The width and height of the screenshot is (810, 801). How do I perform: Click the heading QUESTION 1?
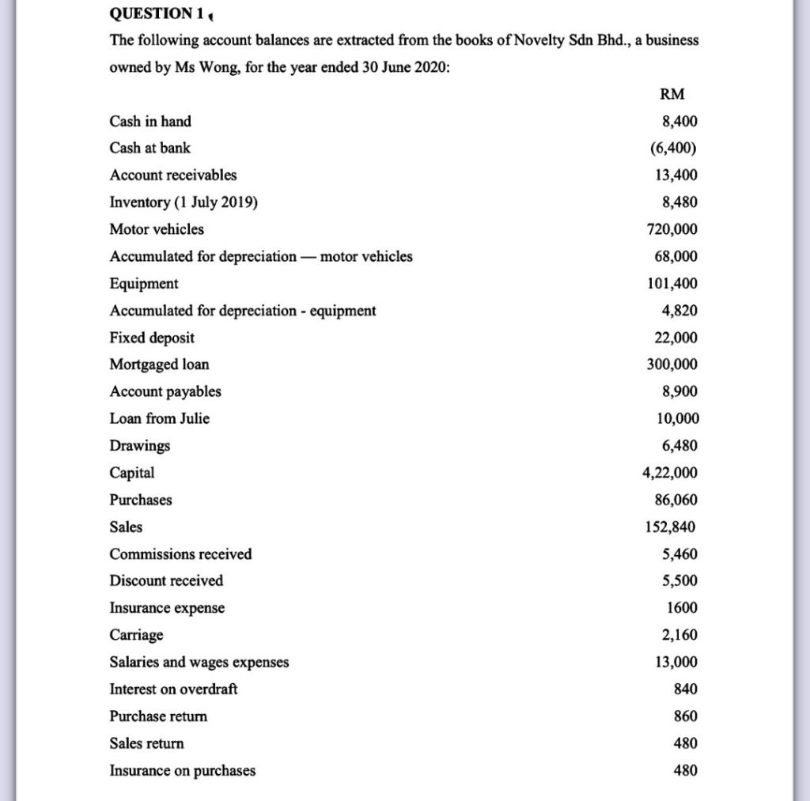coord(155,13)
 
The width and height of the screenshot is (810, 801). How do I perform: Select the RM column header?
coord(672,94)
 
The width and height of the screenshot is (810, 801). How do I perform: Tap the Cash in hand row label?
coord(150,121)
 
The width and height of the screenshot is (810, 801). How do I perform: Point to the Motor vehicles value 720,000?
coord(672,229)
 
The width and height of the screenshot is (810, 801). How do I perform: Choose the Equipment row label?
coord(144,283)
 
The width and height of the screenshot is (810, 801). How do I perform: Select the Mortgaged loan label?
coord(160,365)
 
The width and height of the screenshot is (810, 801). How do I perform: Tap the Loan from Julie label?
coord(160,418)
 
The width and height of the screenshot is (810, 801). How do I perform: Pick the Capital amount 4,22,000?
coord(670,473)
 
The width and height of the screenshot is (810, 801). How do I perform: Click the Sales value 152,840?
coord(672,527)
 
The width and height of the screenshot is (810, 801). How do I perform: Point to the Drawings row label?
coord(140,446)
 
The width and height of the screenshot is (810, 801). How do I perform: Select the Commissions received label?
coord(181,554)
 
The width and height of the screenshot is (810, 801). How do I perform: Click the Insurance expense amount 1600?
coord(681,608)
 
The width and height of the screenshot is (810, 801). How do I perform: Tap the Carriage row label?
coord(137,635)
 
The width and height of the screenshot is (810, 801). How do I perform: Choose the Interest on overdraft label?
coord(173,689)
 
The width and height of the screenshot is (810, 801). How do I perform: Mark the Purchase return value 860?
coord(685,716)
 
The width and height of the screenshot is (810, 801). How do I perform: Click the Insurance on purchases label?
coord(183,770)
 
